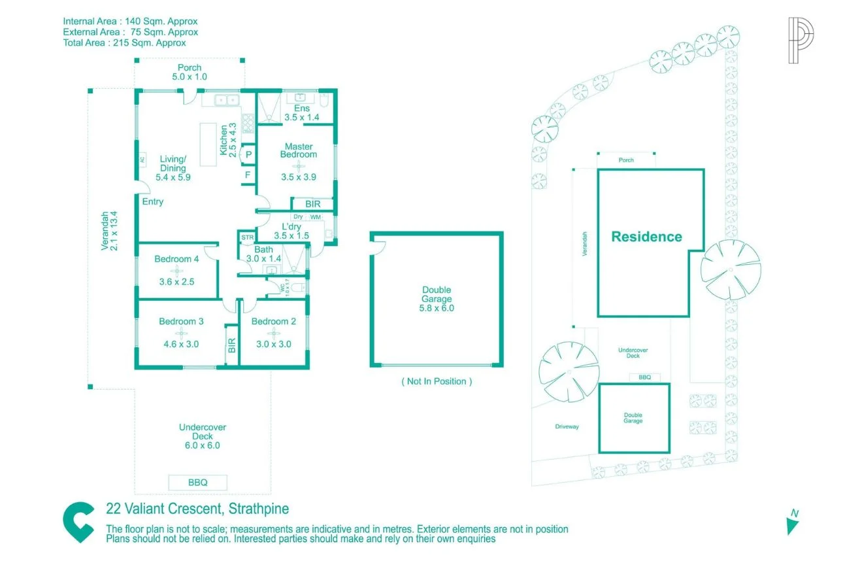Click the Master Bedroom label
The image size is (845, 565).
point(298,150)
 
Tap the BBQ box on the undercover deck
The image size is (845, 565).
point(197,483)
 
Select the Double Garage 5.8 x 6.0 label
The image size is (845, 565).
point(437,299)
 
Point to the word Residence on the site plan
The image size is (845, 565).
point(646,237)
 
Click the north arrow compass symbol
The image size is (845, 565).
point(793,522)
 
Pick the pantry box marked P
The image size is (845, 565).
point(248,154)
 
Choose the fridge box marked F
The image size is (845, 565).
point(248,175)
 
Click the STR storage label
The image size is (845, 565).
point(247,237)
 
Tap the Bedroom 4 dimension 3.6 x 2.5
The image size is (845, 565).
point(176,282)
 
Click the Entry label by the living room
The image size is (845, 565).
point(153,201)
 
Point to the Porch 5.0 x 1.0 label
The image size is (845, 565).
point(190,72)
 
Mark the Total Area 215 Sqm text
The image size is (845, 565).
point(124,43)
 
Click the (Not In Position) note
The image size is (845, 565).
point(436,381)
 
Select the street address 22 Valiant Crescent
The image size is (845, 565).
point(197,509)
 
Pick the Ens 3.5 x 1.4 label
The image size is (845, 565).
point(301,112)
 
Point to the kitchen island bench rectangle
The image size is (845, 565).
point(208,144)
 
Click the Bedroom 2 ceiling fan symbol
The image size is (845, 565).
point(273,334)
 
